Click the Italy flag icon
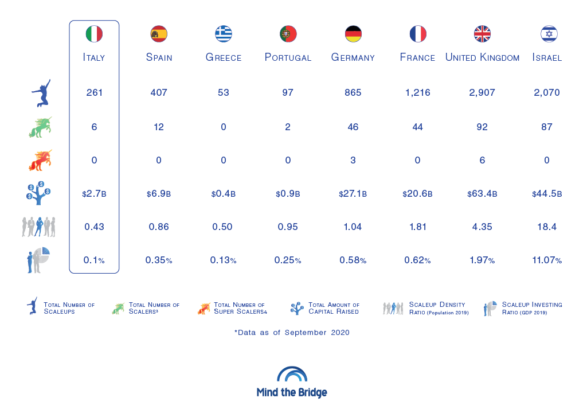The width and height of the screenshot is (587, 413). click(x=94, y=34)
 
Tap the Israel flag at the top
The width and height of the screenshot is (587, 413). click(x=549, y=34)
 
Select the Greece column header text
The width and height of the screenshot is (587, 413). click(x=224, y=57)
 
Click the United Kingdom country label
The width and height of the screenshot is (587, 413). click(x=482, y=57)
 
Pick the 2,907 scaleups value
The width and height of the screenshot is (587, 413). click(x=482, y=92)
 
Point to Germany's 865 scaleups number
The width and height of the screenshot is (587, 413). click(x=353, y=92)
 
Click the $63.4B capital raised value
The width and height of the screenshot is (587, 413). click(x=482, y=194)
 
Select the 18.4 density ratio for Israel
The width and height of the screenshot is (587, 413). click(x=547, y=227)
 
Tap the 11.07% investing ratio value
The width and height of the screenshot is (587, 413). click(x=547, y=260)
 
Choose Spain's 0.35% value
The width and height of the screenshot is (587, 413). click(x=159, y=260)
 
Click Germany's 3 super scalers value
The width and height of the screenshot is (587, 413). click(x=353, y=160)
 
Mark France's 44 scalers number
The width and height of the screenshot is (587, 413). click(x=417, y=127)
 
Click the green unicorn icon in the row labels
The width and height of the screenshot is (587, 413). click(x=40, y=127)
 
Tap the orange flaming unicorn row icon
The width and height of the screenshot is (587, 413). click(x=40, y=161)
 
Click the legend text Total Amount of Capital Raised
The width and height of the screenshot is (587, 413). click(x=334, y=308)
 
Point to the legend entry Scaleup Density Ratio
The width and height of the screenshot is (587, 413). click(x=439, y=308)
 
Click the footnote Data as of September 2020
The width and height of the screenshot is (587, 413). click(x=292, y=332)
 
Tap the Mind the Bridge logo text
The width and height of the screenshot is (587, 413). click(x=292, y=393)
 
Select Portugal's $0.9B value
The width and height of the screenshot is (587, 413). click(x=288, y=194)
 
